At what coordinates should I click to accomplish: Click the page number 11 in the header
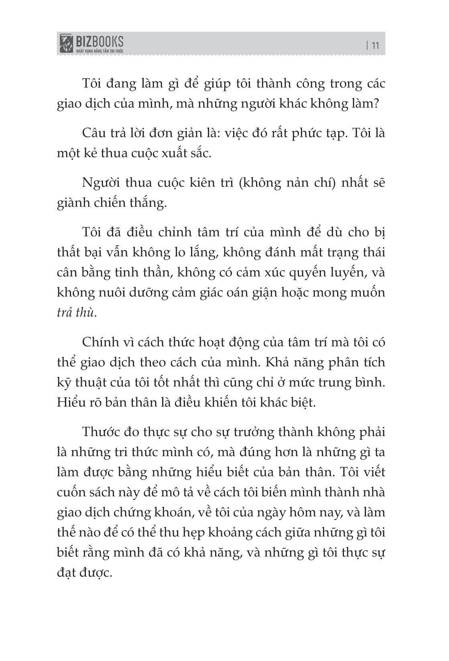click(376, 45)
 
